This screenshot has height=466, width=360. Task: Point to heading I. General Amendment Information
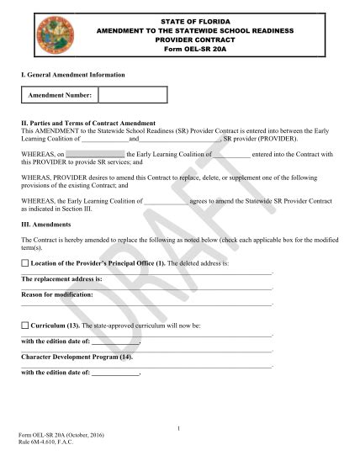click(x=73, y=75)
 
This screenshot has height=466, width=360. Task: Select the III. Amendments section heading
click(x=49, y=225)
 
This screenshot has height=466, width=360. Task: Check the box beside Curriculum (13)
click(x=24, y=325)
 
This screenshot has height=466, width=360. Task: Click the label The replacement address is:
click(x=61, y=278)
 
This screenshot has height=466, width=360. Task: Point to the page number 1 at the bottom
click(x=180, y=429)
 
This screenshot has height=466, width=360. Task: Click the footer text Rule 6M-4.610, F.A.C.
click(x=48, y=443)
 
